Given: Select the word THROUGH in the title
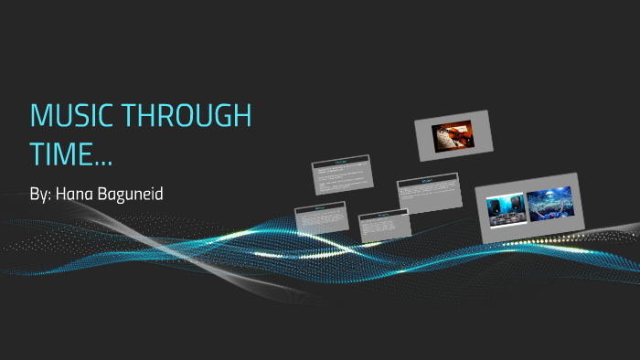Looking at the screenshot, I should click(x=188, y=117).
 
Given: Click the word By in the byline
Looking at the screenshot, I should click(x=38, y=194).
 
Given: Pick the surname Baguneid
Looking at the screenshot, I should click(x=138, y=194).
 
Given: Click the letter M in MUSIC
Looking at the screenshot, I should click(x=41, y=117).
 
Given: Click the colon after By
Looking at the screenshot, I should click(x=50, y=196).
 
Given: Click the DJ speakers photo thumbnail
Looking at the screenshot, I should click(x=505, y=208).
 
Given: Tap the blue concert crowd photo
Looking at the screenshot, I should click(x=549, y=205).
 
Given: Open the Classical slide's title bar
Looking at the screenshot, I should click(x=341, y=163).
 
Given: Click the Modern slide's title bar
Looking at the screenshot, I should click(x=426, y=181).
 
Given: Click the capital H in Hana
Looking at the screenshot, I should click(x=61, y=194).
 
